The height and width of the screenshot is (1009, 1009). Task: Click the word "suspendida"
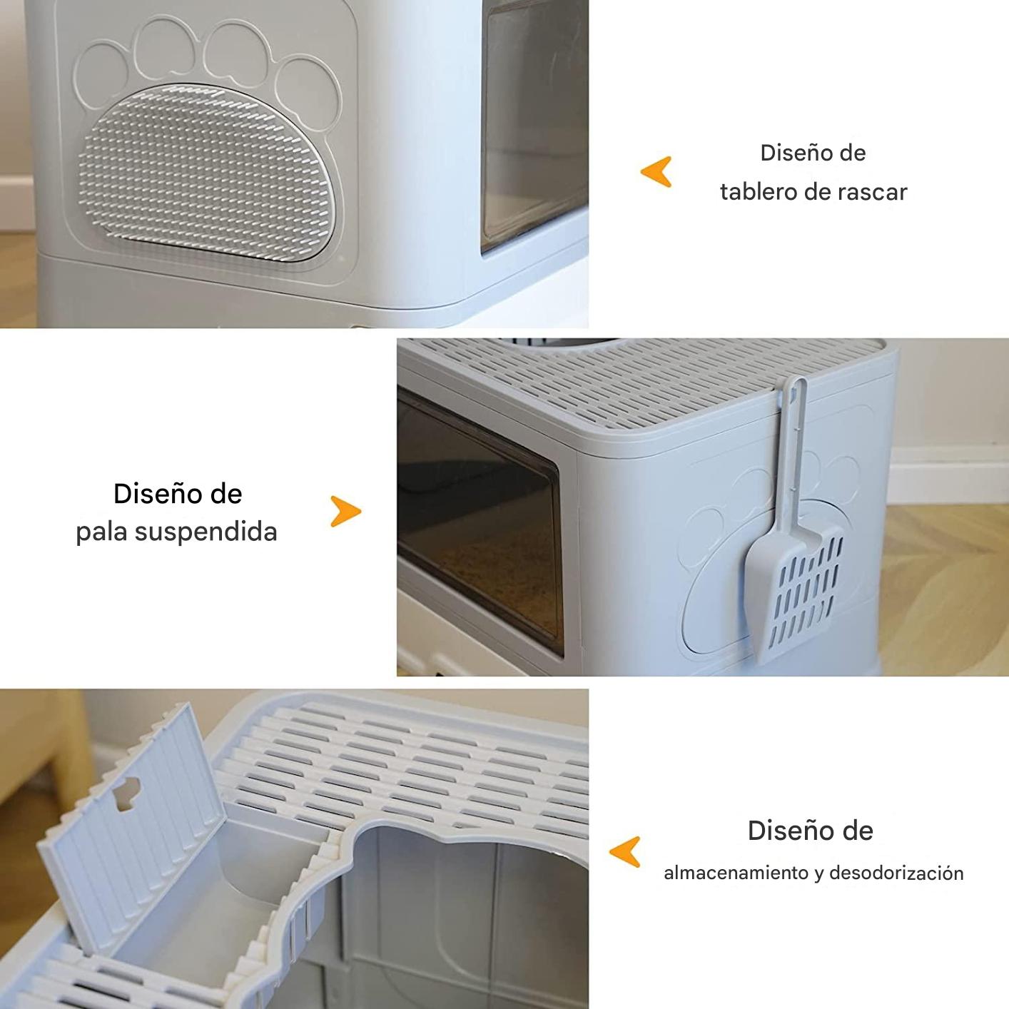(x=206, y=532)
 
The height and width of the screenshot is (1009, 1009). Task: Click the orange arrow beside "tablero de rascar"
(x=656, y=172)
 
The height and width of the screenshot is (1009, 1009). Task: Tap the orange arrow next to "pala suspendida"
(x=345, y=511)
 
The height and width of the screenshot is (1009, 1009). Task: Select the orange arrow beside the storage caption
(x=625, y=852)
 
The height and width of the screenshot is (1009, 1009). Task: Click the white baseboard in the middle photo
(x=949, y=475)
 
